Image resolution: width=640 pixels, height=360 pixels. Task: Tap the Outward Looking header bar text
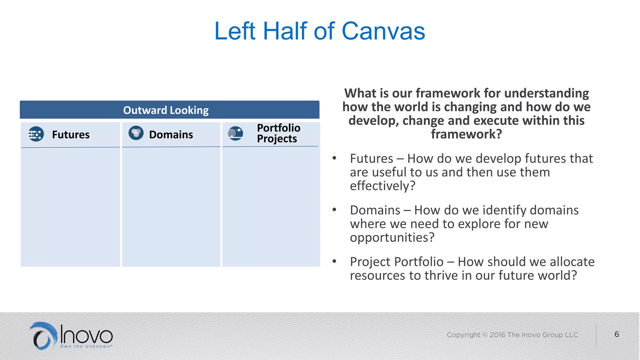pyautogui.click(x=166, y=110)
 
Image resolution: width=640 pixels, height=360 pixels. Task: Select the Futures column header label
pyautogui.click(x=71, y=135)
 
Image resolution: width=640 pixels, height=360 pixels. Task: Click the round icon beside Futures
pyautogui.click(x=36, y=134)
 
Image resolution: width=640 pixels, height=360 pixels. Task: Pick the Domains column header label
pyautogui.click(x=171, y=135)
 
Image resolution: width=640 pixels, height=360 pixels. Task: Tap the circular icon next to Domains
pyautogui.click(x=136, y=133)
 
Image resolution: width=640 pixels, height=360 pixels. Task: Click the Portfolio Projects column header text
pyautogui.click(x=278, y=133)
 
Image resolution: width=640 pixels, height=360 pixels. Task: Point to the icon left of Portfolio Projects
pyautogui.click(x=235, y=133)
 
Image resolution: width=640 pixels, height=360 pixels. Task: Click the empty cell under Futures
pyautogui.click(x=71, y=206)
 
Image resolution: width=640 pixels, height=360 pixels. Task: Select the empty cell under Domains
pyautogui.click(x=171, y=206)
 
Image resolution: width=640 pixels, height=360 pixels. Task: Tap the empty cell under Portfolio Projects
pyautogui.click(x=271, y=206)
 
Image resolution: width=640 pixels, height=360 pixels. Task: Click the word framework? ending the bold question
pyautogui.click(x=466, y=134)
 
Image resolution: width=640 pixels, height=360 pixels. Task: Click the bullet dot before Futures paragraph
pyautogui.click(x=334, y=158)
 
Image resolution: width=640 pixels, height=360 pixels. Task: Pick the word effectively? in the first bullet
pyautogui.click(x=382, y=186)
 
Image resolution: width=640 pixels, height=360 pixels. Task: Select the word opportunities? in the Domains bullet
pyautogui.click(x=392, y=237)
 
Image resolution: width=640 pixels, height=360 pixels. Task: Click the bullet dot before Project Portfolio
pyautogui.click(x=334, y=261)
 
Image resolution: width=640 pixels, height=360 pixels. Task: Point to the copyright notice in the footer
pyautogui.click(x=512, y=335)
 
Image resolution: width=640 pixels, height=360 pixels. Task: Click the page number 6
pyautogui.click(x=617, y=334)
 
